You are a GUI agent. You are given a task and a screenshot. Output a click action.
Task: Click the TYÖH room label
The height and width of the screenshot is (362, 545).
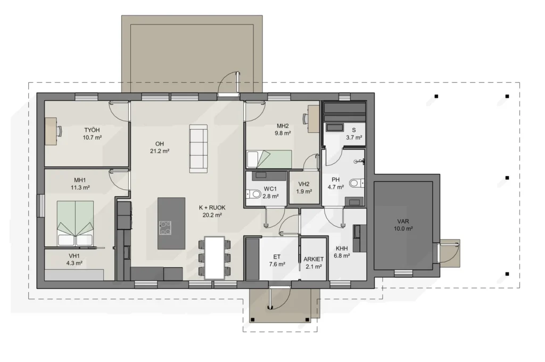(x=92, y=130)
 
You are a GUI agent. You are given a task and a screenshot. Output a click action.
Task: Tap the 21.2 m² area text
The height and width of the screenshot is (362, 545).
(x=160, y=151)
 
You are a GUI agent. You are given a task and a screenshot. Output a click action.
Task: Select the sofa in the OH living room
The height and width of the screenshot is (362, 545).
(x=199, y=149)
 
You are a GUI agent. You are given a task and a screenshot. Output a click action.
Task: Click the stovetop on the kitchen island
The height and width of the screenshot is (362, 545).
(x=165, y=228)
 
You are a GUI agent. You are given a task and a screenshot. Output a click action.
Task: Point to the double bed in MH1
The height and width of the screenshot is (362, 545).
(x=75, y=223)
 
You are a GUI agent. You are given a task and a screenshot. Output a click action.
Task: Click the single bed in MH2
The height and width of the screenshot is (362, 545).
(x=269, y=159)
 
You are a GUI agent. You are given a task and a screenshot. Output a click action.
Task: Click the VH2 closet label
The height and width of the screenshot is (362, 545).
(x=304, y=184)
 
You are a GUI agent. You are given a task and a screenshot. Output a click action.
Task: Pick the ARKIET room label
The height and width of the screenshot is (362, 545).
(x=313, y=259)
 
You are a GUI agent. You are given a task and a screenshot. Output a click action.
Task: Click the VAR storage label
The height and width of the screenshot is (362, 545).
(x=403, y=221)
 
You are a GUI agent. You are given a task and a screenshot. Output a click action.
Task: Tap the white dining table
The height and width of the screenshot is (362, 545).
(x=214, y=258)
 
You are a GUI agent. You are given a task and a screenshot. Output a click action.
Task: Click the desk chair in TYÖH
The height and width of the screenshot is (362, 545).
(x=60, y=131)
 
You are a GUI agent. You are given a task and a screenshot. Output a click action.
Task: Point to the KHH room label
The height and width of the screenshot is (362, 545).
(x=342, y=248)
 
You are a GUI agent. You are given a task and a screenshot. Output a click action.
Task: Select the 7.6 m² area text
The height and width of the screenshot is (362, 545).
(x=277, y=264)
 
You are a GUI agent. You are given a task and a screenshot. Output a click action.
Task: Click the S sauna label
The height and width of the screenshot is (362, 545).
(x=354, y=130)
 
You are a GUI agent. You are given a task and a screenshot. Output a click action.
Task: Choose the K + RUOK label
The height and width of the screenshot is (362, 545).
(x=212, y=207)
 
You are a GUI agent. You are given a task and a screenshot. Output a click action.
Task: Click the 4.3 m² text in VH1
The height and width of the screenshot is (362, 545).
(x=75, y=263)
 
